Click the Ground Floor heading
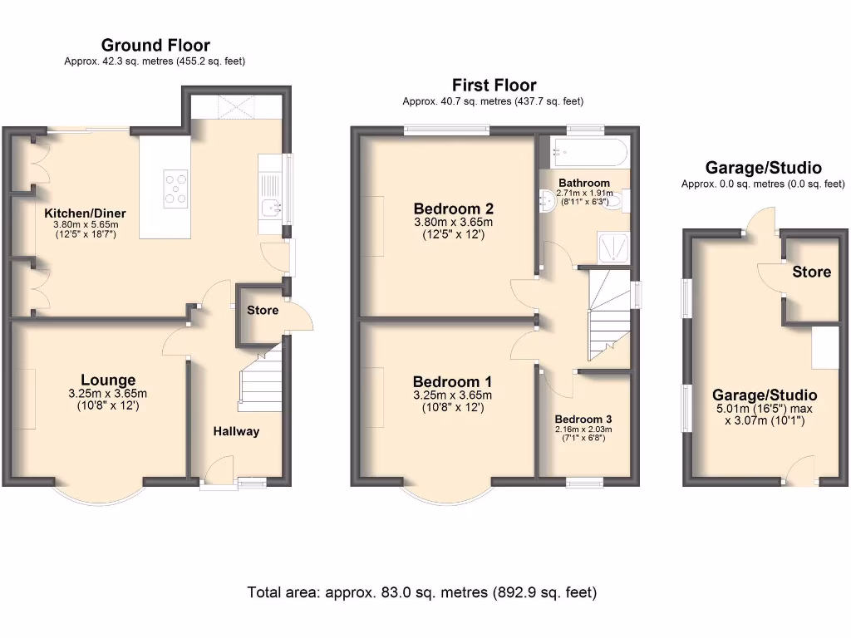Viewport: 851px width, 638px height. pyautogui.click(x=155, y=45)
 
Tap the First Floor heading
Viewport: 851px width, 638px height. pyautogui.click(x=494, y=86)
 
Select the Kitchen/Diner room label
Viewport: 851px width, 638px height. pyautogui.click(x=86, y=213)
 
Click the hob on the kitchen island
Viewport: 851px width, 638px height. pyautogui.click(x=176, y=189)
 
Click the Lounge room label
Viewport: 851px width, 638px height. pyautogui.click(x=108, y=380)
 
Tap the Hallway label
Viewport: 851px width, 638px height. pyautogui.click(x=236, y=431)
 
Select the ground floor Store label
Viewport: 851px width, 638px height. pyautogui.click(x=263, y=311)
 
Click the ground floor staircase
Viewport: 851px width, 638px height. pyautogui.click(x=260, y=378)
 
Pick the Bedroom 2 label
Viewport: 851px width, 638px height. pyautogui.click(x=454, y=209)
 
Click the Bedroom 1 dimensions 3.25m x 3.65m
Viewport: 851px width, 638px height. pyautogui.click(x=453, y=395)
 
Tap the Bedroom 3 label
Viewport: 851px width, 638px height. pyautogui.click(x=583, y=420)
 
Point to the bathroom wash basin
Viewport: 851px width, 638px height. pyautogui.click(x=548, y=201)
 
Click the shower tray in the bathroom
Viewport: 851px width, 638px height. pyautogui.click(x=614, y=248)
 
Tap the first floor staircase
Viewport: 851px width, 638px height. pyautogui.click(x=609, y=315)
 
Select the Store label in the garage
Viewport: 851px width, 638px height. pyautogui.click(x=811, y=272)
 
